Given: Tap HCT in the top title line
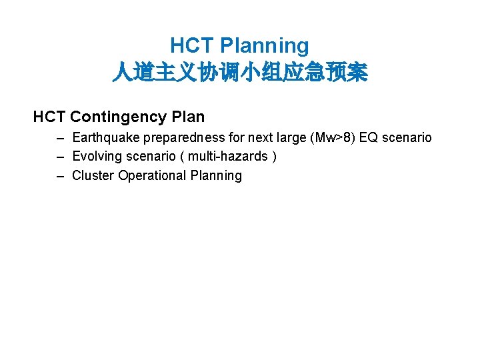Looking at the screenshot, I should click(x=191, y=45).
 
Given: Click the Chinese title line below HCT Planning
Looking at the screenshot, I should click(x=239, y=73).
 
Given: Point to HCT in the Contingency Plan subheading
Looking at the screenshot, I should click(x=49, y=117).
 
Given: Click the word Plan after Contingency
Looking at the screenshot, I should click(x=188, y=117).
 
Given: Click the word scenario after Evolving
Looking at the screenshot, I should click(x=153, y=157).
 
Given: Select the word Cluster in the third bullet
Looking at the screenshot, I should click(x=93, y=176).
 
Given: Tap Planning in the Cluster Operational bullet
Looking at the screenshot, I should click(x=216, y=176).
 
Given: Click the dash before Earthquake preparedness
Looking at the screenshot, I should click(x=61, y=138).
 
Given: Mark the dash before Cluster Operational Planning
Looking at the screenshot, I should click(x=61, y=176).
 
